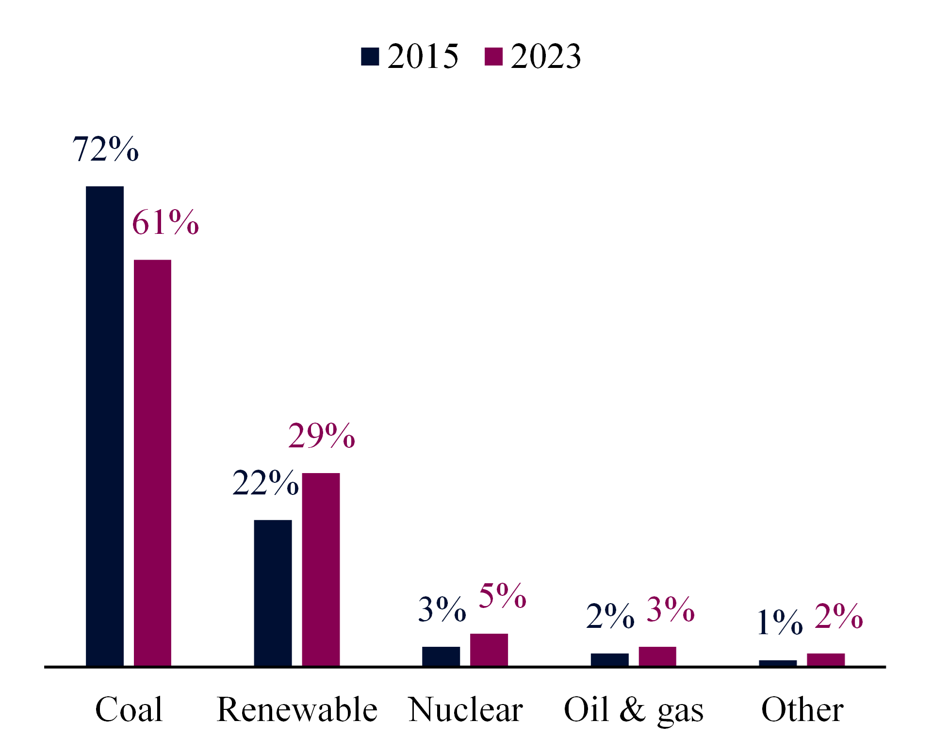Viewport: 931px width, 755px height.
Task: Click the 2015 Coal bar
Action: pyautogui.click(x=105, y=426)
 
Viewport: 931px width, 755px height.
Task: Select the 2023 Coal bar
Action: pyautogui.click(x=152, y=463)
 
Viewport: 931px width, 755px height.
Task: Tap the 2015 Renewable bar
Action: pyautogui.click(x=273, y=593)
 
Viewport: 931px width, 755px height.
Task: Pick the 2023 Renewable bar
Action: pyautogui.click(x=321, y=569)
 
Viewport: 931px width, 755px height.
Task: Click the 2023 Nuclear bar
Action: pyautogui.click(x=489, y=650)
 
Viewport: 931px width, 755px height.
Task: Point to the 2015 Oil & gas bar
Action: pyautogui.click(x=609, y=660)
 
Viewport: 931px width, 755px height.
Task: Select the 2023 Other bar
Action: pyautogui.click(x=826, y=660)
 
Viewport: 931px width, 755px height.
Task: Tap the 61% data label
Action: pyautogui.click(x=165, y=222)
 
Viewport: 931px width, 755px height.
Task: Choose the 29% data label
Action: pyautogui.click(x=322, y=435)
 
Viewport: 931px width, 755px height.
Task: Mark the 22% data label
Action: pyautogui.click(x=265, y=483)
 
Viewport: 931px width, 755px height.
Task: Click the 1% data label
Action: pyautogui.click(x=780, y=622)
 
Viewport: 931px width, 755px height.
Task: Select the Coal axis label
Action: pyautogui.click(x=129, y=709)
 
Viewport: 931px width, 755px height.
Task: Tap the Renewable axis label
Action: pyautogui.click(x=297, y=709)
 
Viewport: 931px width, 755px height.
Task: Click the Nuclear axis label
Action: pyautogui.click(x=466, y=709)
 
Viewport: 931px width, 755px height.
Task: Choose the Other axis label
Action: pyautogui.click(x=802, y=709)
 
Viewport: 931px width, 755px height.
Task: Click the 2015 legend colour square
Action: pyautogui.click(x=370, y=56)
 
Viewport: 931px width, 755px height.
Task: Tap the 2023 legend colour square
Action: pyautogui.click(x=493, y=56)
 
